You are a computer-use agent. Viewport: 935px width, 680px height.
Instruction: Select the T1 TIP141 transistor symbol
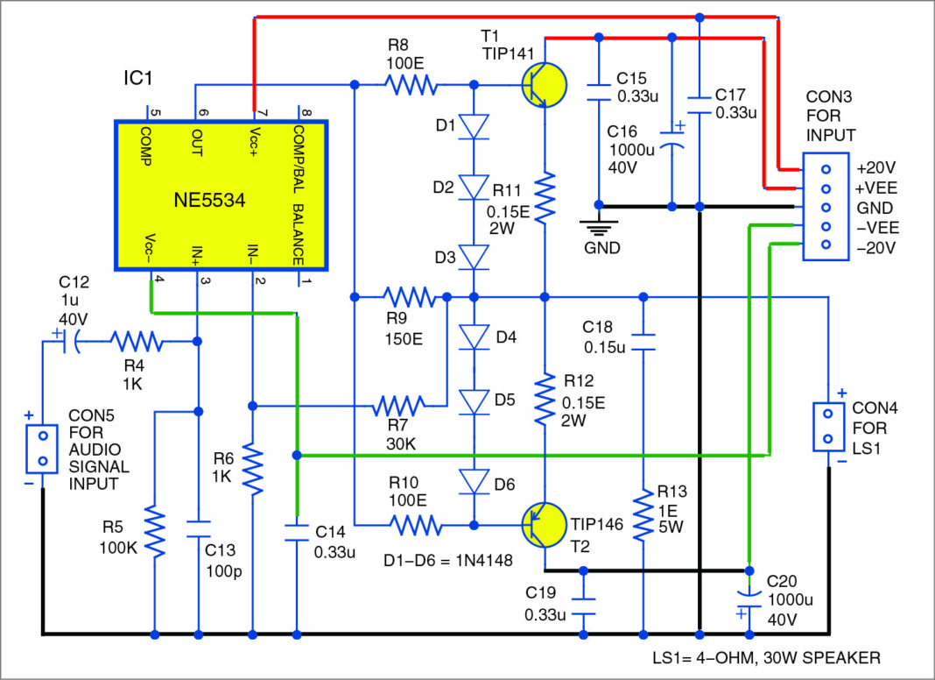click(x=541, y=84)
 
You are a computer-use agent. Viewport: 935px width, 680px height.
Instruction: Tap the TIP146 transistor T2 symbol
click(x=541, y=525)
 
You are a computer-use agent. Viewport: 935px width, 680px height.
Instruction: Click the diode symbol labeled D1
click(x=474, y=127)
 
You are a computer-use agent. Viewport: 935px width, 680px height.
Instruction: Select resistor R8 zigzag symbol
click(x=411, y=85)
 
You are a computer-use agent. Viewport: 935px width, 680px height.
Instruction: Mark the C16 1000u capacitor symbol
click(x=671, y=150)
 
